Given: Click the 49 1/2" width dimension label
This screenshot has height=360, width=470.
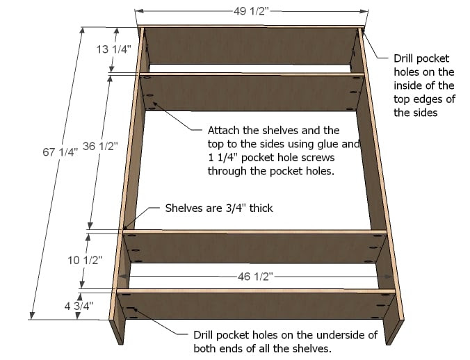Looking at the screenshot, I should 252,10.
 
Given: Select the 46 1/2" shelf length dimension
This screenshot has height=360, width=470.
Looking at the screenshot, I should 253,277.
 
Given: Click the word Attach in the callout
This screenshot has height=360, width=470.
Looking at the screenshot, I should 223,130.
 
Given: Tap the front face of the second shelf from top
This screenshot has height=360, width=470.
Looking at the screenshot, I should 250,92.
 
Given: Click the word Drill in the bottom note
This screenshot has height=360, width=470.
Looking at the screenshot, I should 206,335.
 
